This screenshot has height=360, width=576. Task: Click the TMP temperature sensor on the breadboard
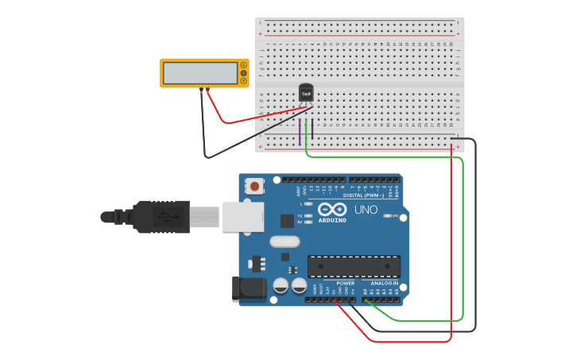(306, 94)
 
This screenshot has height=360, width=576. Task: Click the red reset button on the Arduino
(254, 187)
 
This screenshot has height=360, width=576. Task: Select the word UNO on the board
(365, 211)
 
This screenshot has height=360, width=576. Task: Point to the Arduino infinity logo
(331, 210)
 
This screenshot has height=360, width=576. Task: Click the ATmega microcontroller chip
(354, 266)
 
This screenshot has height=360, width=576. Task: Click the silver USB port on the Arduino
(243, 216)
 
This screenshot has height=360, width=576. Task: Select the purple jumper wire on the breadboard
(300, 132)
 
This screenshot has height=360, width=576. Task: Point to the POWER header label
(345, 283)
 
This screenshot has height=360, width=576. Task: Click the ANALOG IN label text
(384, 283)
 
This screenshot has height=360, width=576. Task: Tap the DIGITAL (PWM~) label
(363, 195)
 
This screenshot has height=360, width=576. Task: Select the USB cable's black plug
(163, 216)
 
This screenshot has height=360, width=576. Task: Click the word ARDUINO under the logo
(332, 220)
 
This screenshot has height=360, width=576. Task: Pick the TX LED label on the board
(299, 215)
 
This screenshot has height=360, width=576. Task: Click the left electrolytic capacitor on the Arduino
(280, 285)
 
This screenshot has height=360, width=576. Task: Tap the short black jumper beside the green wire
(312, 130)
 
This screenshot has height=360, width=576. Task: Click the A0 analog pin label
(365, 292)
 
